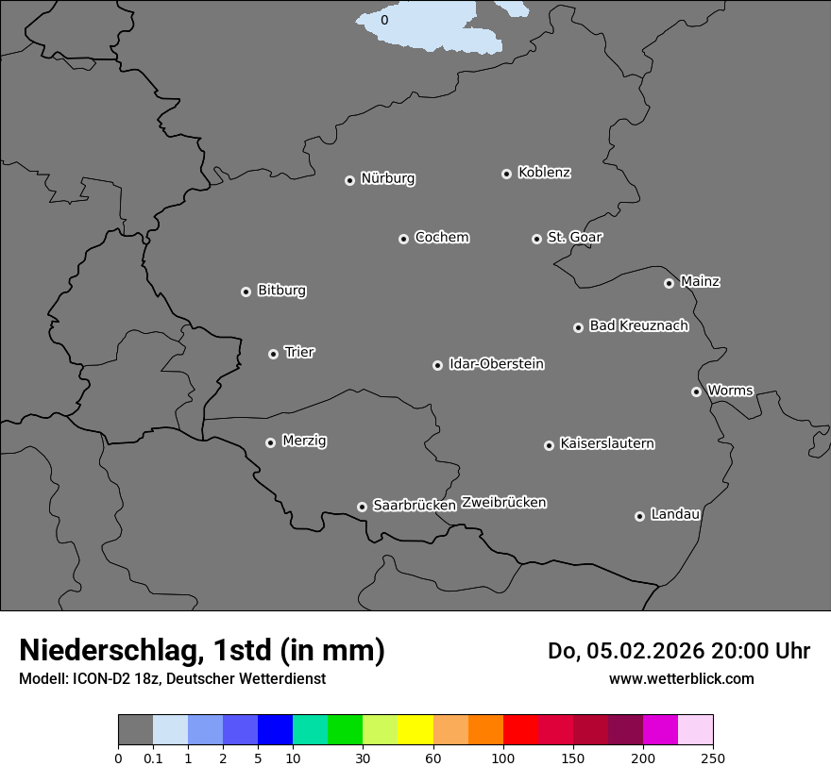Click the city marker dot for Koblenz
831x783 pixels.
[506, 174]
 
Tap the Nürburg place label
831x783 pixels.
[387, 178]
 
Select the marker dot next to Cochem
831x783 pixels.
[403, 239]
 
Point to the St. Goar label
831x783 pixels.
[574, 237]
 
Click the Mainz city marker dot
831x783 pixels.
[669, 283]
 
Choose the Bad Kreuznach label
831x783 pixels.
[638, 325]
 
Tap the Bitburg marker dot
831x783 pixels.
[246, 292]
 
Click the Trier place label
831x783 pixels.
[299, 352]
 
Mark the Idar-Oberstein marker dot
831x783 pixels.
[437, 365]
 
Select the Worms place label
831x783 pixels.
[730, 390]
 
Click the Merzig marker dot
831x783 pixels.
[270, 442]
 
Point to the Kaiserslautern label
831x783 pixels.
[606, 443]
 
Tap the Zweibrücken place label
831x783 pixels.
[503, 502]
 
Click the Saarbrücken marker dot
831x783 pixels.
[362, 507]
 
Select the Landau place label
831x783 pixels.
[675, 514]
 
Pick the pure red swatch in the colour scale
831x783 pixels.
[520, 730]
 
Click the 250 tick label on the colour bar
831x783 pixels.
[713, 758]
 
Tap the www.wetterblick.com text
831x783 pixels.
[681, 678]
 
